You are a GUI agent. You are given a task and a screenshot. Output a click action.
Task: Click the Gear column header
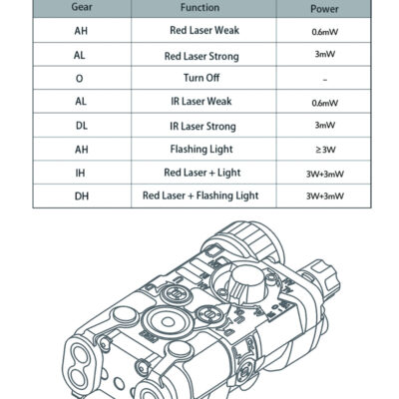click(82, 7)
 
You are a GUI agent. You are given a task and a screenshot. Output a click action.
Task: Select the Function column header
click(199, 7)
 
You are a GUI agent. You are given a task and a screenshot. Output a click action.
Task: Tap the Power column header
click(324, 9)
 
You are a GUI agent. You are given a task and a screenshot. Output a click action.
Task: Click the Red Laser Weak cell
click(204, 30)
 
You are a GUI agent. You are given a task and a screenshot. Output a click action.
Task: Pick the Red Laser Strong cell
click(201, 56)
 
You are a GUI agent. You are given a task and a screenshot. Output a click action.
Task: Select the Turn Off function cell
click(201, 78)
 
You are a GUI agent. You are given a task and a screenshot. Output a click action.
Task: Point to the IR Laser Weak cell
click(201, 101)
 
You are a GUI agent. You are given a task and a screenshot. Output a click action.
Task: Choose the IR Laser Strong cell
click(202, 127)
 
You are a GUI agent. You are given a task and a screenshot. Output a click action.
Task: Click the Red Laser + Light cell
click(202, 173)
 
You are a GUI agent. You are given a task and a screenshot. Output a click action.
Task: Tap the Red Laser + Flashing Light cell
click(200, 196)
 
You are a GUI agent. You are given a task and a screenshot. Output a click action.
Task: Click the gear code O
click(79, 79)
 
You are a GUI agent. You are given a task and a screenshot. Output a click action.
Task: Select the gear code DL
click(82, 126)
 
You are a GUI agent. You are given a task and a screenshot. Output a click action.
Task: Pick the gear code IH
click(80, 173)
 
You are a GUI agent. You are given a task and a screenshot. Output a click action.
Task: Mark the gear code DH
click(82, 196)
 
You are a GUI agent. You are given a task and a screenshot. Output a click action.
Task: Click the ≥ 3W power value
click(325, 150)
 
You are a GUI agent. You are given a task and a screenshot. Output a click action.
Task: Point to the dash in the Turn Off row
click(325, 80)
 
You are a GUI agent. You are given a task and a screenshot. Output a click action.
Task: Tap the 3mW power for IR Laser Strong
click(325, 125)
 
